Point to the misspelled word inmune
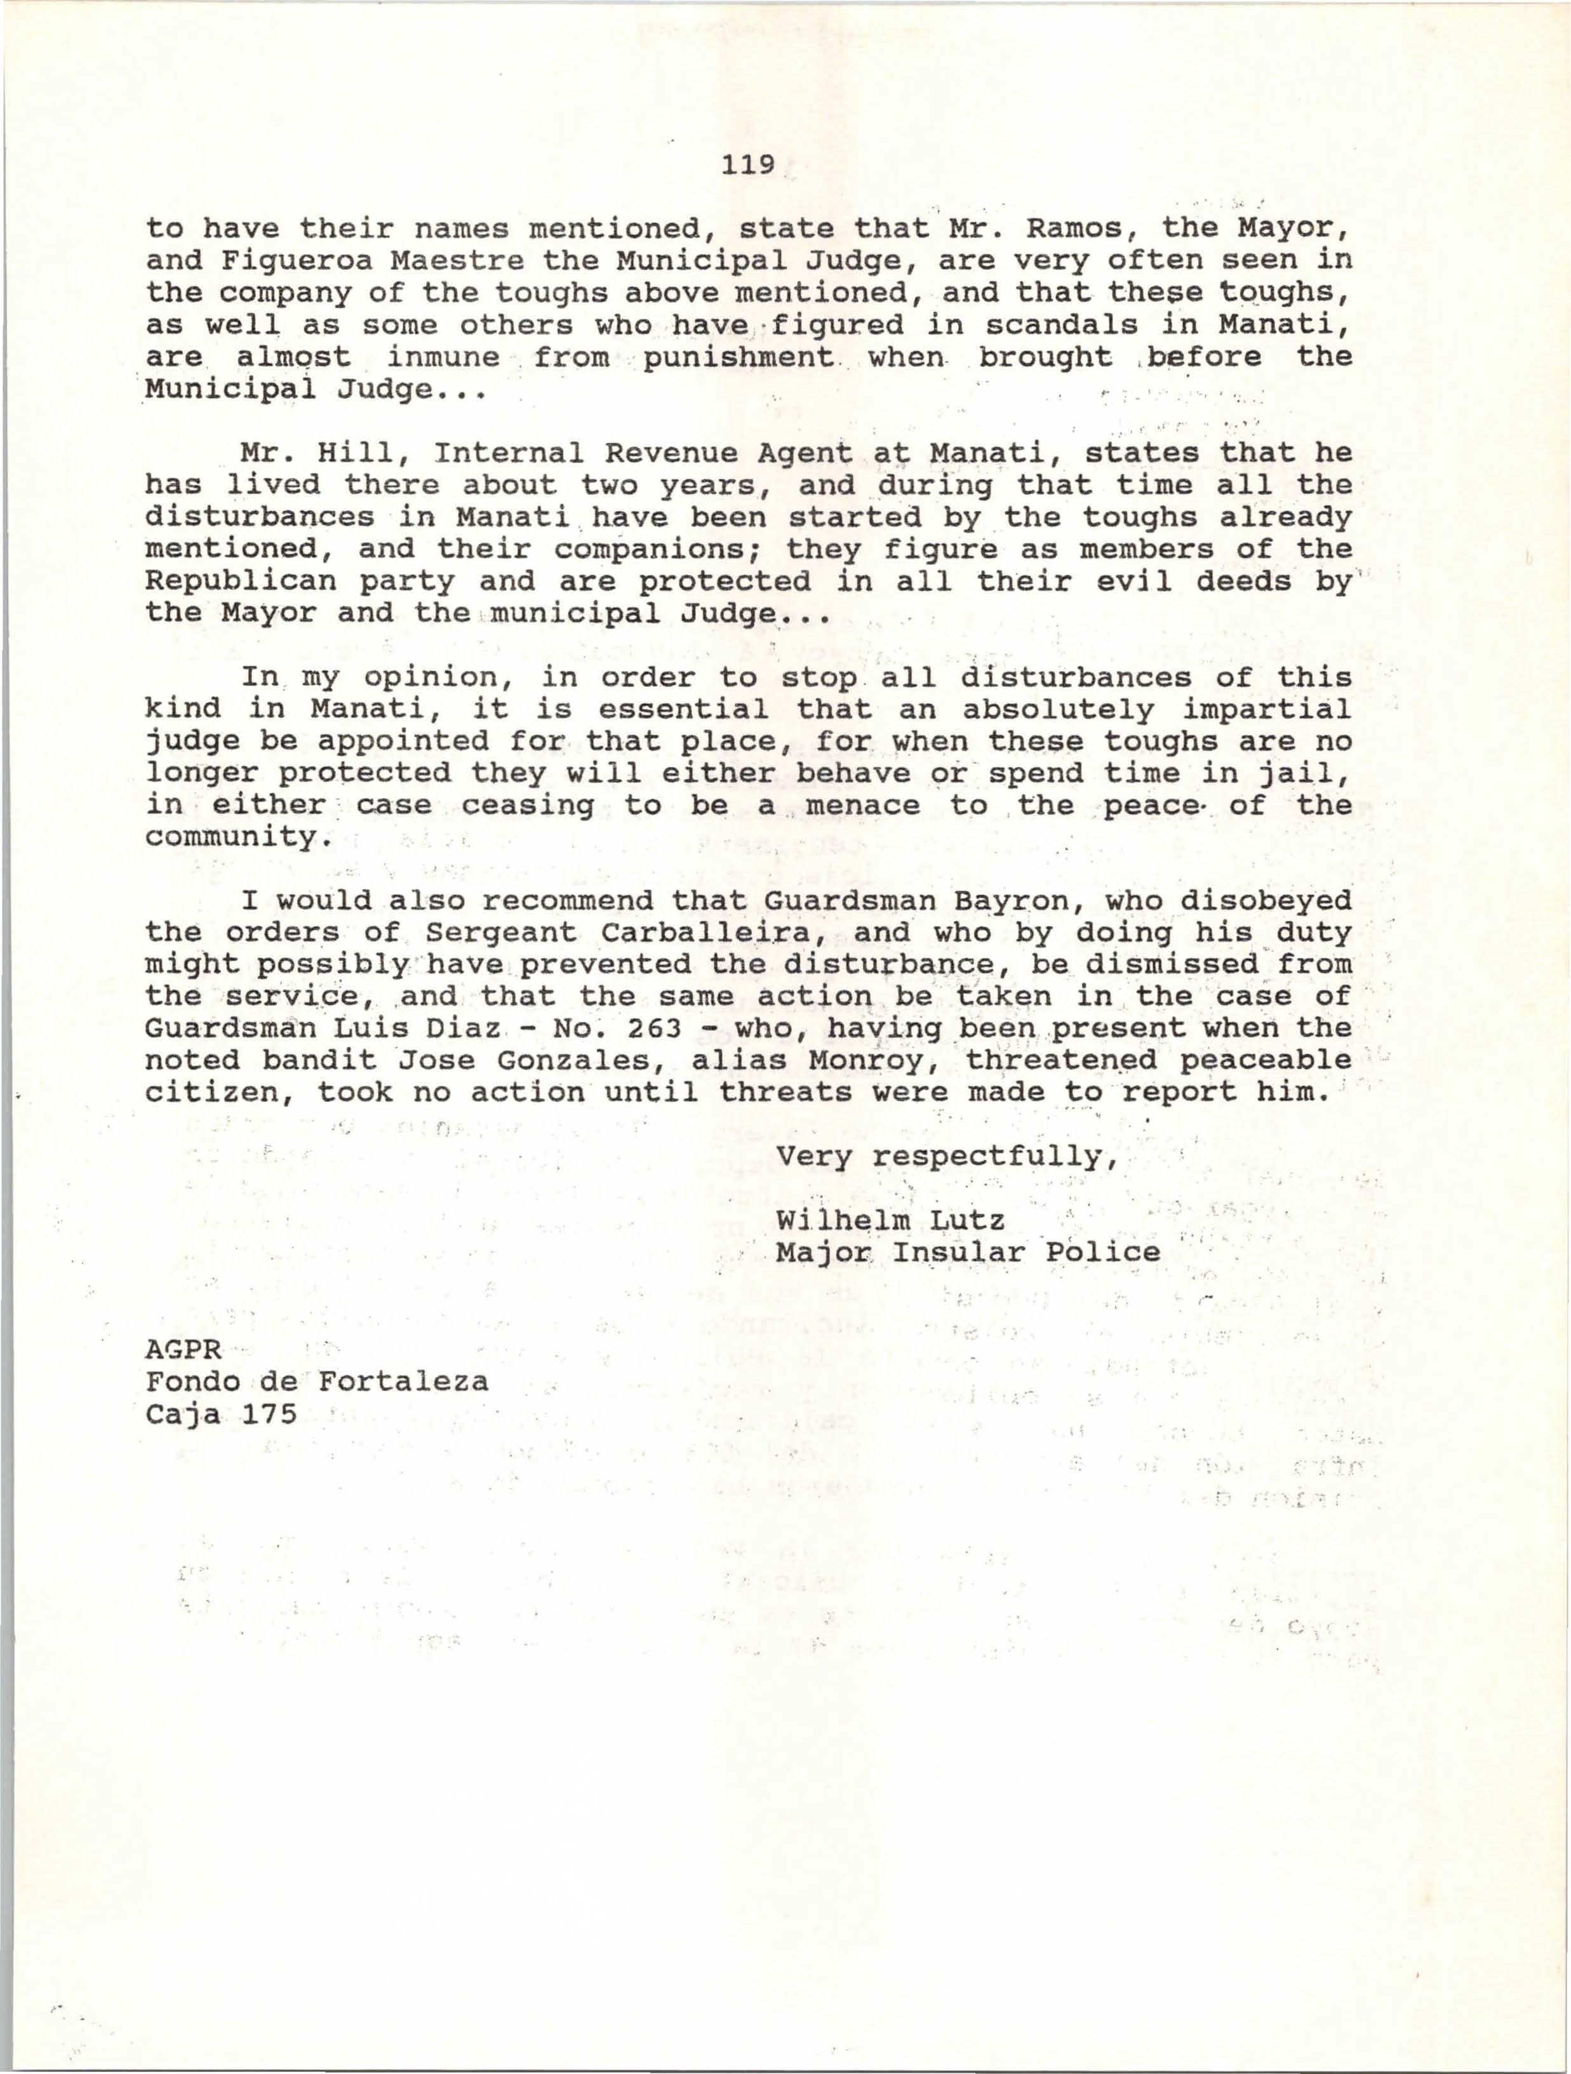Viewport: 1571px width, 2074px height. (444, 357)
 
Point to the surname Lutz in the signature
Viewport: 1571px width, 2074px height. (968, 1221)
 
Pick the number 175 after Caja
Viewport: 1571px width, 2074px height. (269, 1413)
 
